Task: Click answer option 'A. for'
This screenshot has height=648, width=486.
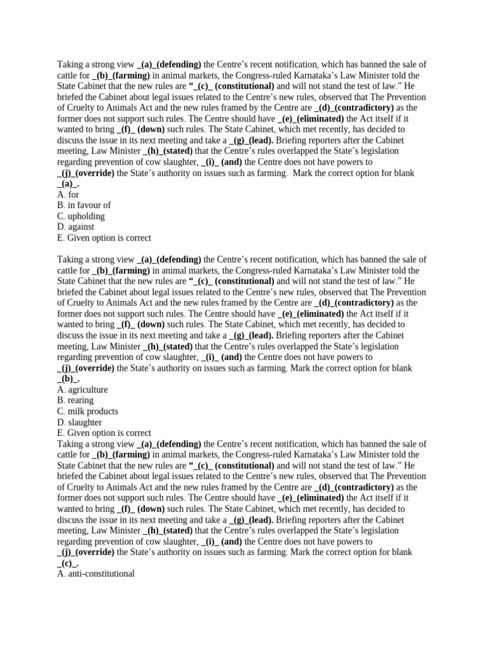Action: tap(68, 195)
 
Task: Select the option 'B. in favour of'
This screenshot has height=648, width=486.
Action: tap(84, 206)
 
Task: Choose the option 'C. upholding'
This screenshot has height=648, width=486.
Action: tap(80, 216)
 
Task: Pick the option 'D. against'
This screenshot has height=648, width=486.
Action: tap(75, 227)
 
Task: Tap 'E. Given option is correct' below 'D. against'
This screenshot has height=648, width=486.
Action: tap(104, 238)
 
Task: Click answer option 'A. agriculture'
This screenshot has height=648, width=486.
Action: tap(82, 390)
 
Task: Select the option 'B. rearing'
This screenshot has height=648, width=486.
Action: tap(75, 401)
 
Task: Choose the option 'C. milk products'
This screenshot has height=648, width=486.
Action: tap(87, 411)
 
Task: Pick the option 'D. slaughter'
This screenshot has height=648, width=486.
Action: tap(79, 422)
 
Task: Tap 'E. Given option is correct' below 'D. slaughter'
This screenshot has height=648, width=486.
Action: tap(104, 433)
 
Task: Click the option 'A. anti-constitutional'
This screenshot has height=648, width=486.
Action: tap(96, 573)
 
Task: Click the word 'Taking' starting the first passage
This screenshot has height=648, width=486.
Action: tap(71, 65)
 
